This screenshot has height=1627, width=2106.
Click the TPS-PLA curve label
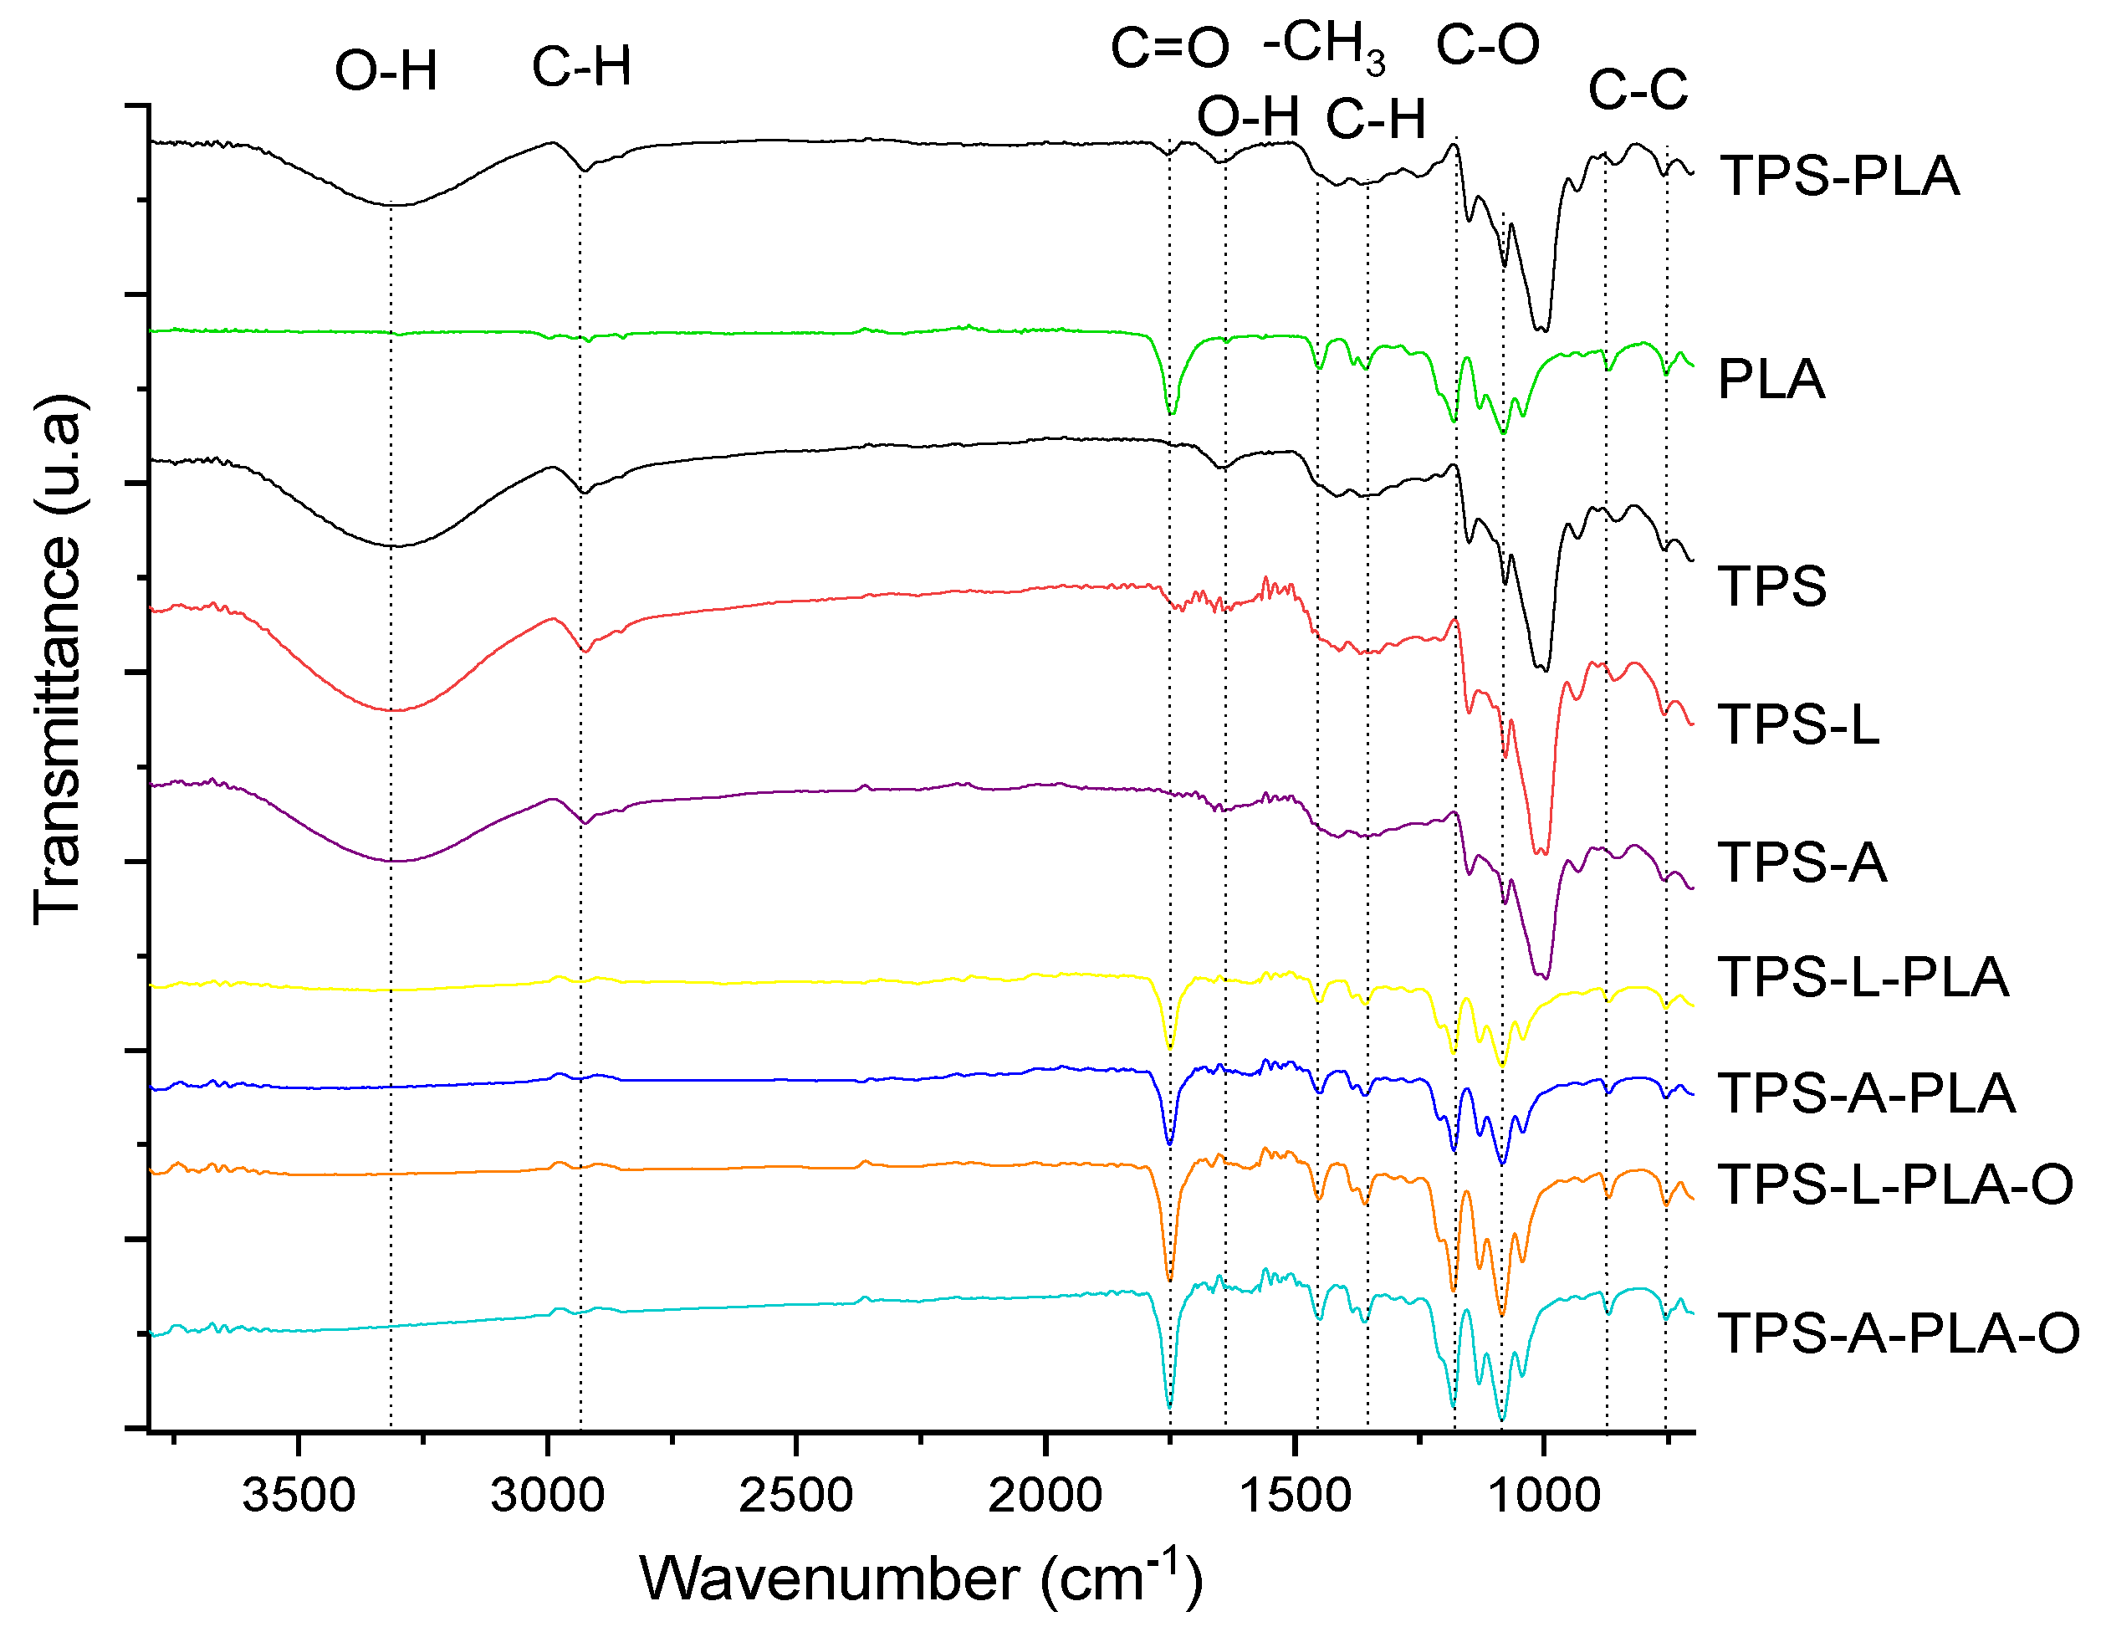click(x=1840, y=177)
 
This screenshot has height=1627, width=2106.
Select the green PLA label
click(x=1771, y=379)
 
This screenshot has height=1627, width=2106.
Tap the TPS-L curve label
click(x=1798, y=724)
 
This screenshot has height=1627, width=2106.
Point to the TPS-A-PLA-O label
click(x=1899, y=1334)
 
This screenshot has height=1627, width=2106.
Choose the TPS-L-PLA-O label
click(x=1896, y=1184)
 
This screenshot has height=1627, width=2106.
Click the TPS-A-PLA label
click(x=1867, y=1093)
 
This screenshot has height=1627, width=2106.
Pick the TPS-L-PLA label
click(x=1863, y=977)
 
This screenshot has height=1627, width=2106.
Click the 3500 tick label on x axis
click(x=299, y=1496)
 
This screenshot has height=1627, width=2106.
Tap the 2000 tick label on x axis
click(x=1045, y=1496)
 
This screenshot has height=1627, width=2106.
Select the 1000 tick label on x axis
click(x=1544, y=1496)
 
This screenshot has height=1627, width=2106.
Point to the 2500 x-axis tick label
click(x=796, y=1496)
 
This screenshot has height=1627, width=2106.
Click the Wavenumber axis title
click(x=921, y=1578)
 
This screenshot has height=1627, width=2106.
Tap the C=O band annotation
click(x=1170, y=49)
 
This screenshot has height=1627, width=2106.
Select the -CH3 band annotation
click(x=1324, y=46)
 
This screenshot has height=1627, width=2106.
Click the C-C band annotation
click(x=1638, y=90)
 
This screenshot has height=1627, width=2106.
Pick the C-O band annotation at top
click(x=1488, y=45)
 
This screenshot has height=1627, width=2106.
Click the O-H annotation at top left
click(x=386, y=71)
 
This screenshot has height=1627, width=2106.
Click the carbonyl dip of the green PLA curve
click(x=1171, y=412)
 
